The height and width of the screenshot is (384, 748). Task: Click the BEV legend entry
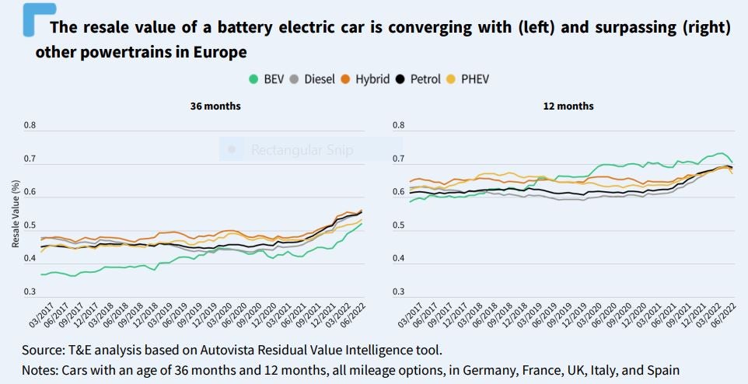point(267,79)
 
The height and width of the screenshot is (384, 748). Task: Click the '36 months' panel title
point(215,106)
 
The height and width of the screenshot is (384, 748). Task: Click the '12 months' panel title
point(568,106)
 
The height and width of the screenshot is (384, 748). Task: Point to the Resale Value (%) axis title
point(16,214)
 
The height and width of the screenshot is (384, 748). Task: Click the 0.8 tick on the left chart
point(30,125)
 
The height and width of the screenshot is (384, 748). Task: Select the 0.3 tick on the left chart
point(30,291)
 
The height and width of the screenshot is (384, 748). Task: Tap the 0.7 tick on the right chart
point(398,159)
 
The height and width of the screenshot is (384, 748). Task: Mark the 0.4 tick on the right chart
point(398,258)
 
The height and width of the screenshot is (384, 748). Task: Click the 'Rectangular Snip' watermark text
point(302,150)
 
